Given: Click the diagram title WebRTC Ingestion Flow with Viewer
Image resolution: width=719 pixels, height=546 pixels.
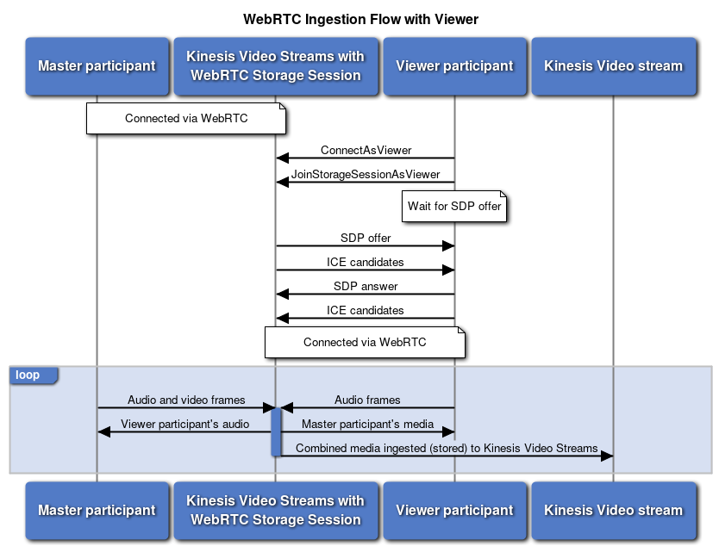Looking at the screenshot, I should (x=360, y=19).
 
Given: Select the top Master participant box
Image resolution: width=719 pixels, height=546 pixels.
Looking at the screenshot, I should (x=97, y=65).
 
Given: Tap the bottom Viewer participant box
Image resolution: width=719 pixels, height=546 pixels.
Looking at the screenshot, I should (x=454, y=510).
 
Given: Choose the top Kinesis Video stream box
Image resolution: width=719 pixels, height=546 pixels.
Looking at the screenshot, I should (x=613, y=65).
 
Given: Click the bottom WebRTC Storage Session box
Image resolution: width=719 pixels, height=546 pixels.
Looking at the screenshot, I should (x=275, y=510).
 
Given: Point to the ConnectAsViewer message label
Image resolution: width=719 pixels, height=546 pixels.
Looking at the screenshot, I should (x=366, y=150).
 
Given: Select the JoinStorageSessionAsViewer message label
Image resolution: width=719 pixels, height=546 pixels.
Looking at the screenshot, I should (x=366, y=174).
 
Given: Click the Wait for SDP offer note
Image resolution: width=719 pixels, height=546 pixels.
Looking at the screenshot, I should (x=454, y=207).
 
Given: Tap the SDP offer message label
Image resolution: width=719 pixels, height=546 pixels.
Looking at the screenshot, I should (x=366, y=238).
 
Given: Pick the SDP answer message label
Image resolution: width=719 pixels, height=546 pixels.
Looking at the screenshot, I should (x=366, y=286).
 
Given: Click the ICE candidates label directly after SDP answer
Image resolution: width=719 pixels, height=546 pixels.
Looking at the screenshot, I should (x=366, y=310).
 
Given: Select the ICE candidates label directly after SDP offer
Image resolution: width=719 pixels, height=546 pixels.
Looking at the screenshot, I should (x=366, y=262).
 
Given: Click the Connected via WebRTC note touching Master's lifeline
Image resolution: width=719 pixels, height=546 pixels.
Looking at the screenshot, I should (x=186, y=119).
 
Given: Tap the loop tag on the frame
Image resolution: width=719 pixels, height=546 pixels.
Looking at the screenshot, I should (x=28, y=375).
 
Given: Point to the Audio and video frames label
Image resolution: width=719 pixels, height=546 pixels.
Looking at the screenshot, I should (x=186, y=400).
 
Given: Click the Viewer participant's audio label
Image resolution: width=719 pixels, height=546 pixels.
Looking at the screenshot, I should (x=185, y=424).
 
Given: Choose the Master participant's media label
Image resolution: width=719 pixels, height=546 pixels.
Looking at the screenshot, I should (x=367, y=424).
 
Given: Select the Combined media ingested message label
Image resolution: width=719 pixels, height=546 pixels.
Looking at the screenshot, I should (x=447, y=448).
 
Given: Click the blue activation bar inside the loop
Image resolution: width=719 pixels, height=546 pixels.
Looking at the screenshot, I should (x=276, y=431).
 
